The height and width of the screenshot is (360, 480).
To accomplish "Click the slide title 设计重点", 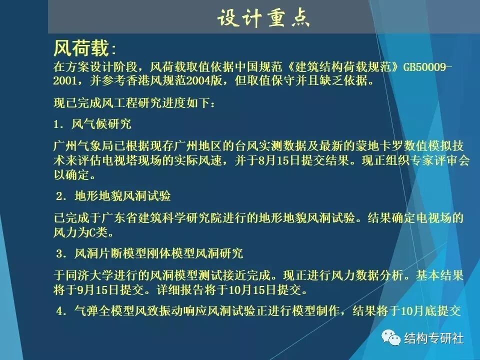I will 263,18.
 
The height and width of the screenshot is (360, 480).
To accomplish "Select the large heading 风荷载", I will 80,48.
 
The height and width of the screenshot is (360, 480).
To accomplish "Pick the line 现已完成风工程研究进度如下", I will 135,104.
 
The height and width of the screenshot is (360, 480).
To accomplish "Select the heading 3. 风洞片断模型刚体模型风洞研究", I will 149,254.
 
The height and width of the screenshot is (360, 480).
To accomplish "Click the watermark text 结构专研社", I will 433,338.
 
